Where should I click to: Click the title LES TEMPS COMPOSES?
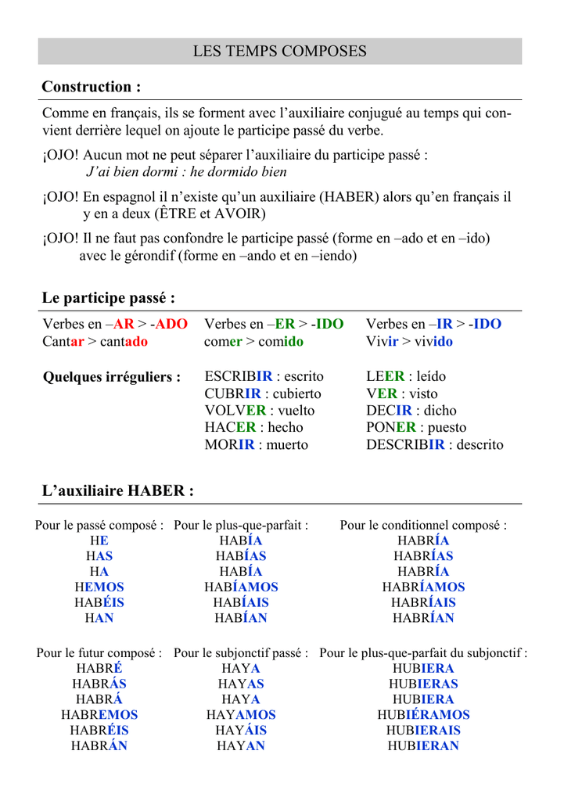(280, 52)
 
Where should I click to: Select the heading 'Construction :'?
(92, 87)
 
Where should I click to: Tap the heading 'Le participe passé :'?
(109, 298)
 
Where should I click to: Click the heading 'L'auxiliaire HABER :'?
(117, 491)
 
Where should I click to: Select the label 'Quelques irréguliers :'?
(112, 377)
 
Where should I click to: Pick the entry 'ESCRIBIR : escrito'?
(264, 377)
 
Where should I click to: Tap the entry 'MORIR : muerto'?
(256, 445)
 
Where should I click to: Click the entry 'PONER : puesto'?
(416, 428)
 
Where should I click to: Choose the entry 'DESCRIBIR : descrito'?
(435, 445)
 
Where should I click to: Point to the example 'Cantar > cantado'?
(95, 342)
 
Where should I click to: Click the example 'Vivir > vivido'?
(409, 342)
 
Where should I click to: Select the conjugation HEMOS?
(99, 587)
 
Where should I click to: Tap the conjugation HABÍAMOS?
(241, 587)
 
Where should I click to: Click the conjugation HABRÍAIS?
(424, 602)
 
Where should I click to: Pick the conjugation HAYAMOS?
(241, 715)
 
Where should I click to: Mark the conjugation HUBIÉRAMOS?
(423, 715)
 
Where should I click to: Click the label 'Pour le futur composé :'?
(99, 652)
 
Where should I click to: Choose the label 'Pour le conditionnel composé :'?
(423, 525)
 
